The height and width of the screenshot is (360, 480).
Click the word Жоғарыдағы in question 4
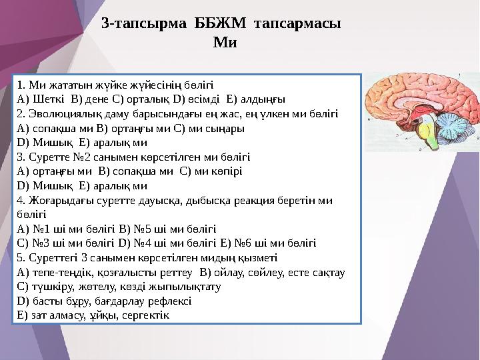click(57, 200)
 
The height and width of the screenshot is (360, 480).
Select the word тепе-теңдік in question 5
click(63, 272)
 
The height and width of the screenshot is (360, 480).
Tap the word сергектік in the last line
click(147, 315)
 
